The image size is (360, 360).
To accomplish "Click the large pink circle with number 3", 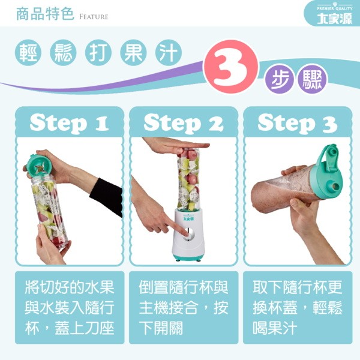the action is click(230, 67).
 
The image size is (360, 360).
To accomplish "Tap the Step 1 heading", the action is click(69, 123).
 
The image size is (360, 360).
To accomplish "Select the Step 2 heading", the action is click(184, 123).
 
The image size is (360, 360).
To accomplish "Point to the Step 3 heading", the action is click(298, 123).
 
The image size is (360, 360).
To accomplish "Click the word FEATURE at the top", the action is click(94, 17).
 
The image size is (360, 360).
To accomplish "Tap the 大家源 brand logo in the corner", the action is click(335, 19).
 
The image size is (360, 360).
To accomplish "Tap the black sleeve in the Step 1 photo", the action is click(107, 197).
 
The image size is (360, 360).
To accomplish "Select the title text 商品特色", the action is click(45, 14).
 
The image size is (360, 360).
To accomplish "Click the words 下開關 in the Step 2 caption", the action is click(161, 328).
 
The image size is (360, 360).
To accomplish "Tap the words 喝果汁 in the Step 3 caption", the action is click(275, 328).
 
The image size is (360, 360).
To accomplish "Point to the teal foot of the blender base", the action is click(188, 257).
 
